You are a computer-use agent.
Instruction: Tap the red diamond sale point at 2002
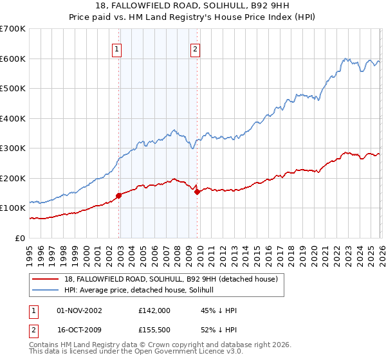click(x=119, y=195)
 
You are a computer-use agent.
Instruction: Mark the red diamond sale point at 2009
click(x=197, y=192)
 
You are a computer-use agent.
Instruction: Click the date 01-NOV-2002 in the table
click(x=80, y=310)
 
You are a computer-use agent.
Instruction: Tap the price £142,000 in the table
click(x=154, y=310)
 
